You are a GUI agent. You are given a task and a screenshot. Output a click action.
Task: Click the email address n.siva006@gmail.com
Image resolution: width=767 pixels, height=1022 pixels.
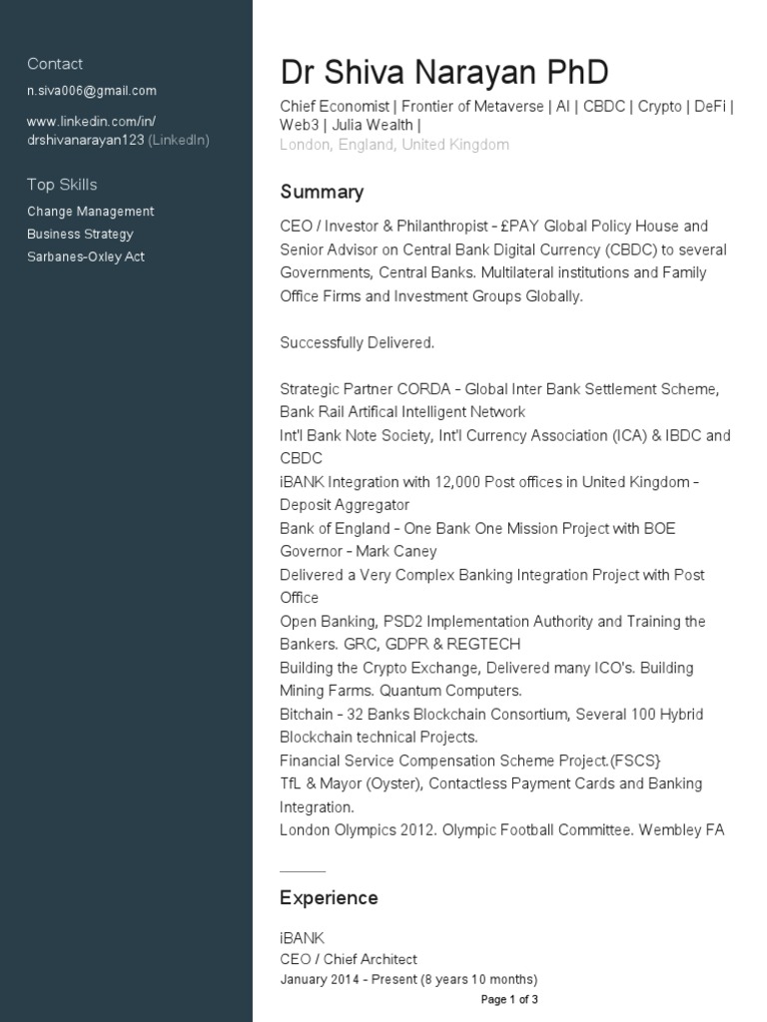click(91, 91)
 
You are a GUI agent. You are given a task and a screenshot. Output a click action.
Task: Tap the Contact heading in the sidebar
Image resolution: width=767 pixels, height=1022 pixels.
click(55, 64)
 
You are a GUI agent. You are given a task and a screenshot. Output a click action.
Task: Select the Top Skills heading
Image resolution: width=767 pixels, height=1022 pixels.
click(62, 185)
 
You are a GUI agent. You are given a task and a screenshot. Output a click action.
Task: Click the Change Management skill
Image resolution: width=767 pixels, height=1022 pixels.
click(90, 212)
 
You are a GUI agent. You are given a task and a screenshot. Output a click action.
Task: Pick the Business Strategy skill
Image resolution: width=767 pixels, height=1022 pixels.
click(80, 235)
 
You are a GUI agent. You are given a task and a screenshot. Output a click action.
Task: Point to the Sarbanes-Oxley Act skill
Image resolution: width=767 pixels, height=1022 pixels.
click(86, 257)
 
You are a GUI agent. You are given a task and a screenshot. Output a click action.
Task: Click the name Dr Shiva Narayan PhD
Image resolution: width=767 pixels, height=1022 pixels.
click(443, 73)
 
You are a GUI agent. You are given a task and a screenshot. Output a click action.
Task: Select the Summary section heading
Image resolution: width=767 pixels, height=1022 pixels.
click(322, 192)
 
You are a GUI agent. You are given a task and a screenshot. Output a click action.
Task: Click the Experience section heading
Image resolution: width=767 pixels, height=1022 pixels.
click(329, 898)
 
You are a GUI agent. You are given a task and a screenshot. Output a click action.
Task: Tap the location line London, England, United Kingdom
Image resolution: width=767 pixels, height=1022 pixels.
click(394, 145)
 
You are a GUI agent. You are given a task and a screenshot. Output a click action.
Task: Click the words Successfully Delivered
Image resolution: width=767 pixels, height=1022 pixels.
click(357, 342)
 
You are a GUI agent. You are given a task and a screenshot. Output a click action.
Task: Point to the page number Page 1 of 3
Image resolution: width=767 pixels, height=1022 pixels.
click(509, 999)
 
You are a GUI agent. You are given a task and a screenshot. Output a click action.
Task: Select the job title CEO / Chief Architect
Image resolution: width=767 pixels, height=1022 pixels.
click(349, 959)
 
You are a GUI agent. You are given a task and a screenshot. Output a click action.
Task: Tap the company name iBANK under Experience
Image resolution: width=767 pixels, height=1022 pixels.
click(302, 937)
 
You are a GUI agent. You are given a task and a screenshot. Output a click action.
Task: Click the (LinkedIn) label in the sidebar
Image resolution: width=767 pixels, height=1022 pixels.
click(179, 140)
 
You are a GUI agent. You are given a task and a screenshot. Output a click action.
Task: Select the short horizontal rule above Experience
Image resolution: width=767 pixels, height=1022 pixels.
click(303, 871)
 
